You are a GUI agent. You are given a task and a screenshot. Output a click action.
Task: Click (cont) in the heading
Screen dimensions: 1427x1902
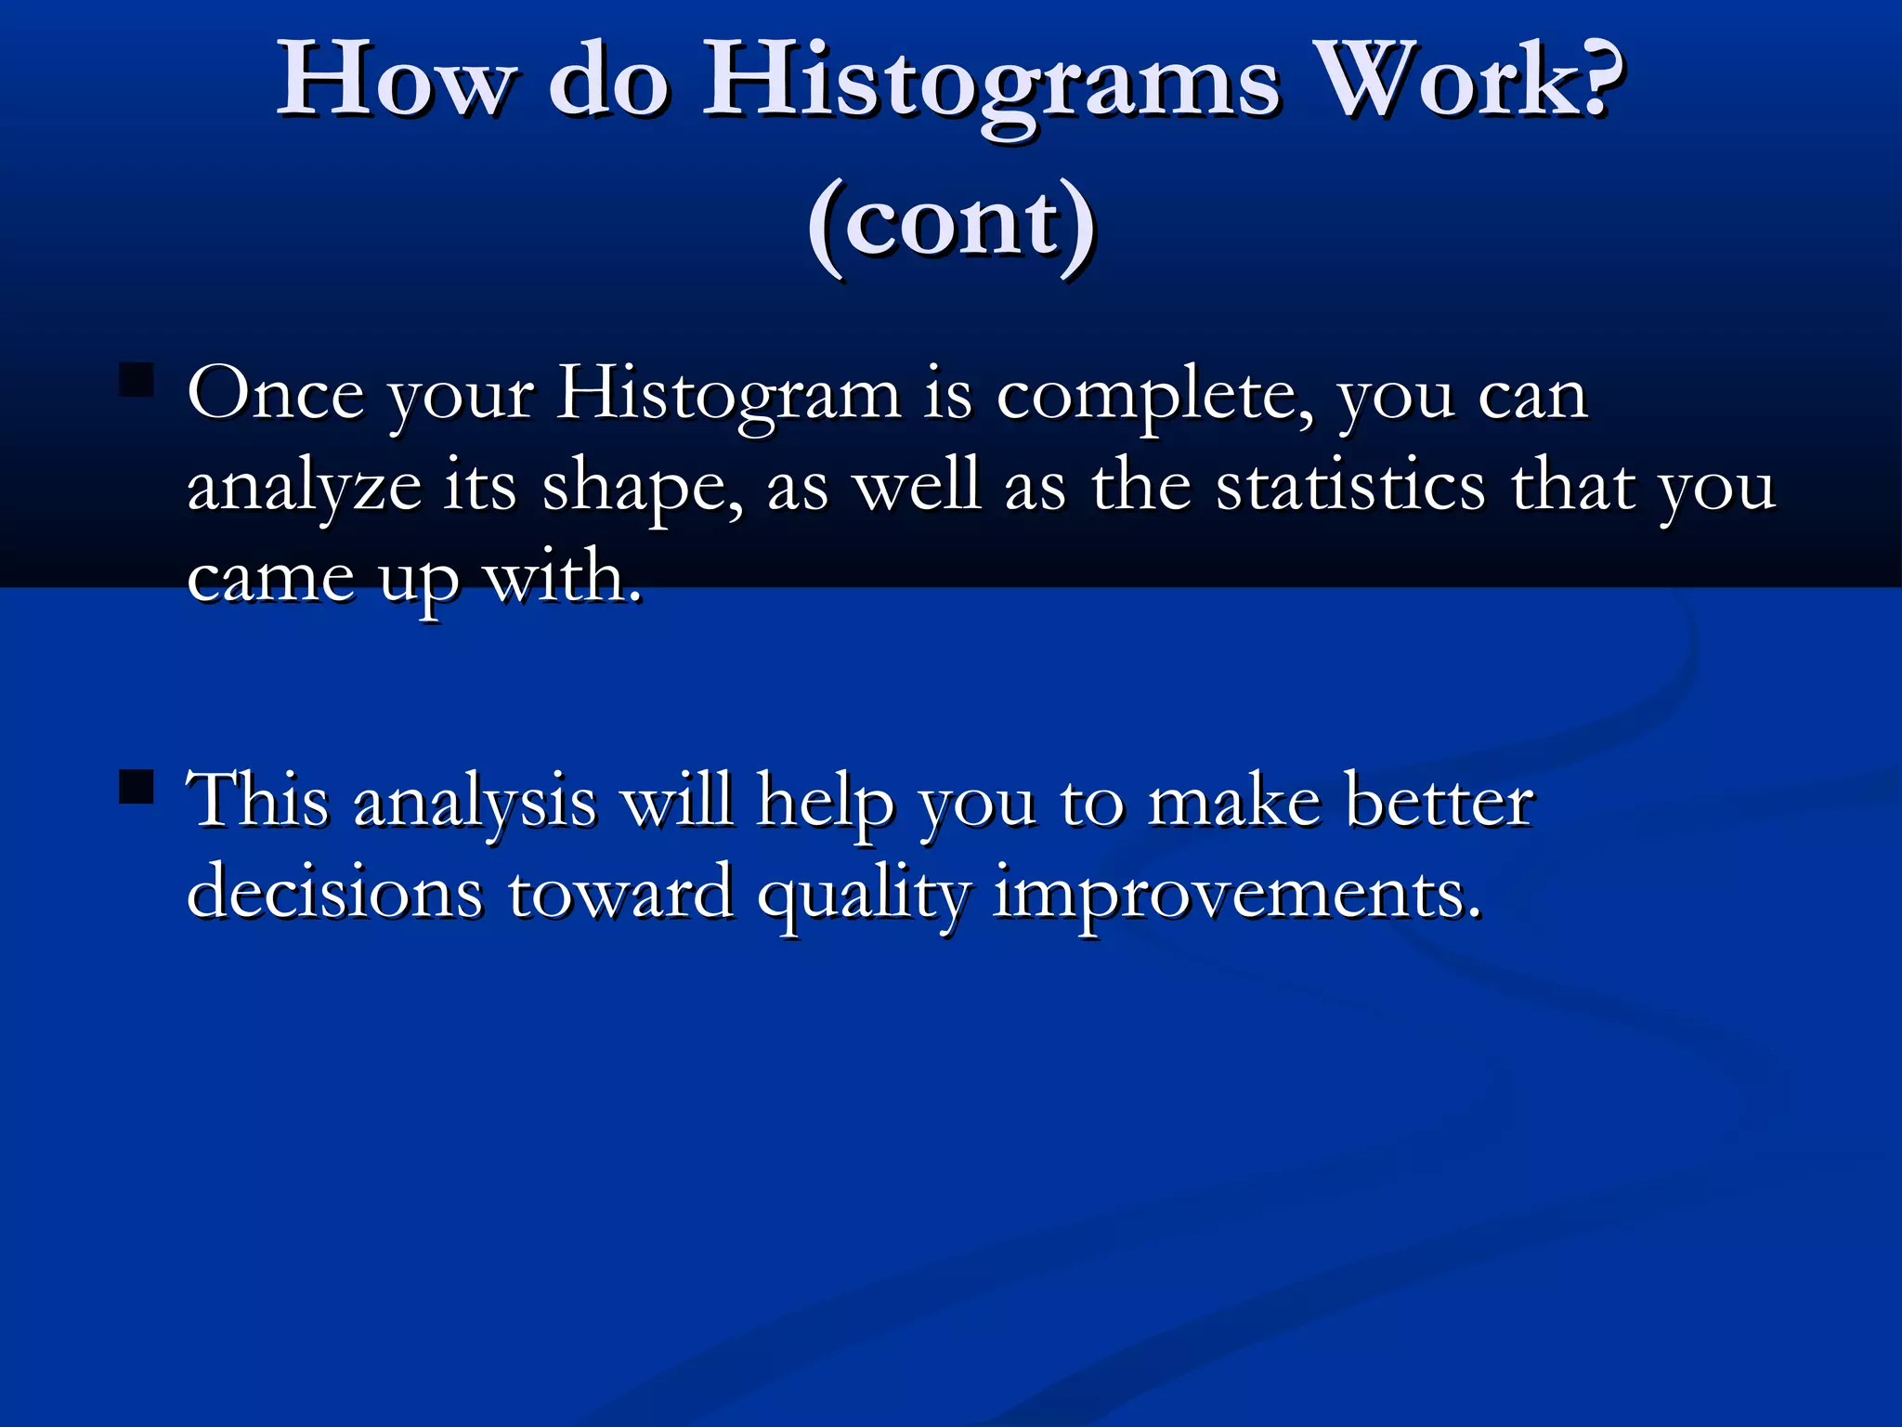(951, 225)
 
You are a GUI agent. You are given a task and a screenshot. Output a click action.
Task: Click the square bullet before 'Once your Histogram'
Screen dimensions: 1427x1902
(137, 380)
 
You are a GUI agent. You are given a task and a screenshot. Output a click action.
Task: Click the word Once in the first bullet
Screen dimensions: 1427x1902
(275, 396)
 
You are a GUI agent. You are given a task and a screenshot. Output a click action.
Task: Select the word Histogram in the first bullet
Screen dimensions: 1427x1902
(729, 396)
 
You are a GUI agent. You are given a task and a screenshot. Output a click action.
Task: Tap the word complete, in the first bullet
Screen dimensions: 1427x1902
(1154, 396)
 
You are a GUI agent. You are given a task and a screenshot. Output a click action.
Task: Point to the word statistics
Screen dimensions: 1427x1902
(1350, 487)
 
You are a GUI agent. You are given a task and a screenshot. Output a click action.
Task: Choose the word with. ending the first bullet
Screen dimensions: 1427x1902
(563, 578)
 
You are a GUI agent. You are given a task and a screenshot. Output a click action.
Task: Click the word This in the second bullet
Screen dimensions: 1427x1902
(257, 800)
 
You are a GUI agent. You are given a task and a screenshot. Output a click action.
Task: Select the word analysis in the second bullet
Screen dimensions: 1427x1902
(475, 802)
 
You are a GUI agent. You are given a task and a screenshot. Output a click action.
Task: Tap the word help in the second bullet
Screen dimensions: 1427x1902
(825, 802)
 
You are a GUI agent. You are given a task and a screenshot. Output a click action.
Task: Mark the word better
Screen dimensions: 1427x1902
(1439, 802)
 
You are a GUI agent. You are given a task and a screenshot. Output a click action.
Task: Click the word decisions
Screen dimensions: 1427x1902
(335, 893)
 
